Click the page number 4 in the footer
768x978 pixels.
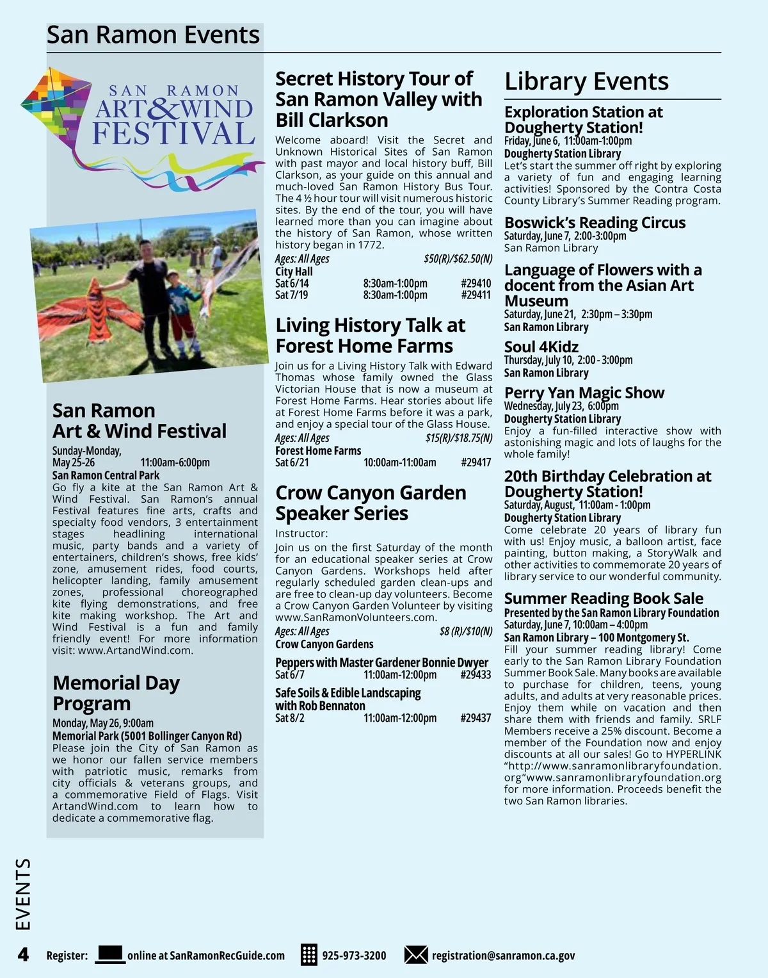coord(23,955)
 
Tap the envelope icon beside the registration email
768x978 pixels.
coord(416,955)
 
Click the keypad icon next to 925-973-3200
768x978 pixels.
coord(309,955)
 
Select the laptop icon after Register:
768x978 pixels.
coord(110,954)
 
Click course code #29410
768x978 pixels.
coord(476,283)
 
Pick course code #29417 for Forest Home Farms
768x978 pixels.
coord(476,462)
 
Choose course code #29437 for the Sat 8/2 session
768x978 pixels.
coord(476,718)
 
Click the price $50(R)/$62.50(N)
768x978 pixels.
coord(458,259)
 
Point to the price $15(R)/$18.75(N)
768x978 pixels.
coord(458,438)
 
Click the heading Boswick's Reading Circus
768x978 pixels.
coord(595,223)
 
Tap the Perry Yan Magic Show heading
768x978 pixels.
coord(584,393)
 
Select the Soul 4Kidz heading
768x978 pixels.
coord(541,347)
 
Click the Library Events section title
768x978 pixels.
coord(586,81)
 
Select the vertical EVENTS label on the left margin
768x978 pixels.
coord(23,894)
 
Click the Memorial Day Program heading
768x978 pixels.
coord(116,693)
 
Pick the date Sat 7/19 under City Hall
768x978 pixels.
coord(291,295)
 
